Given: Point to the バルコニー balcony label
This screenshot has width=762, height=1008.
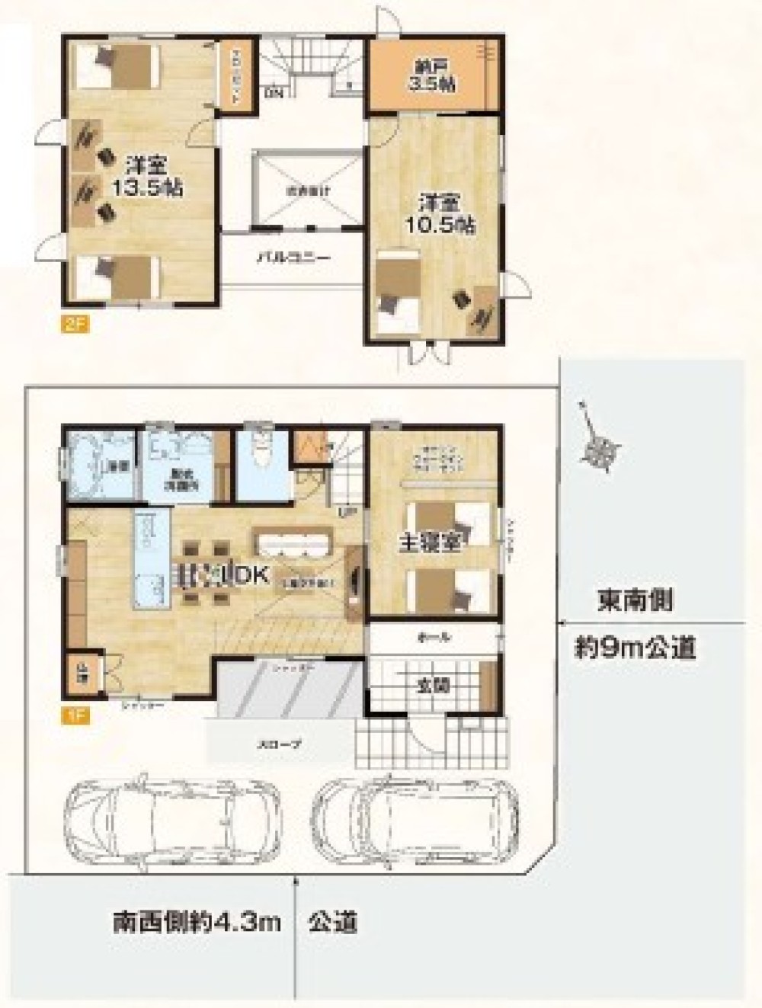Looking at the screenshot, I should point(292,258).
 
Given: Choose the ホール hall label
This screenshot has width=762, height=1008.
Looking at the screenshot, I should point(434,636).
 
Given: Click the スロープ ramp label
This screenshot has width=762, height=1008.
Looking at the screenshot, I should point(281,744).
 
